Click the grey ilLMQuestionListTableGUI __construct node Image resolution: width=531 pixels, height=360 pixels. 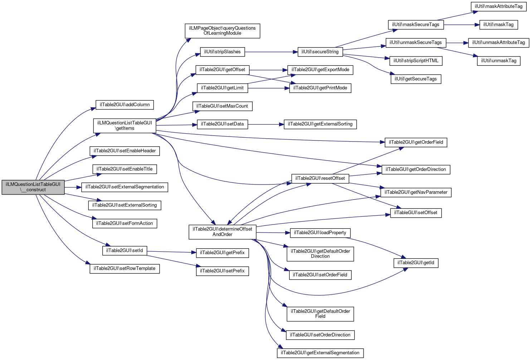pos(33,187)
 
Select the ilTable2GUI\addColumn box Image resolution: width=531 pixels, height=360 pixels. pos(125,105)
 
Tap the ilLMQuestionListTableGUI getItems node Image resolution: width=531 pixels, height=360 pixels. pos(125,125)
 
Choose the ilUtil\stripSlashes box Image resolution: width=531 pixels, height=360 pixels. pos(222,52)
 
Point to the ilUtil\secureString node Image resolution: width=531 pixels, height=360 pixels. pos(320,52)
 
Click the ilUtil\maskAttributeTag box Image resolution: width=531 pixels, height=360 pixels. pos(498,6)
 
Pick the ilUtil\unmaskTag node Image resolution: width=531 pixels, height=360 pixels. pos(498,61)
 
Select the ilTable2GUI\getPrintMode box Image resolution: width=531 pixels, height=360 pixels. pos(320,88)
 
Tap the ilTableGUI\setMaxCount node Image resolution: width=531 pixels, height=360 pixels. pos(222,106)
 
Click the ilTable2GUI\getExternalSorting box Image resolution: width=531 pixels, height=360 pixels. pos(320,124)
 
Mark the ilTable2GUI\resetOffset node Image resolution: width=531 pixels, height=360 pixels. pos(320,178)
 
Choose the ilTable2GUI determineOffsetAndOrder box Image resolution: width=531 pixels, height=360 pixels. pos(222,232)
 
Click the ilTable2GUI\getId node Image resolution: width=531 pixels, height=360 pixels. pos(416,263)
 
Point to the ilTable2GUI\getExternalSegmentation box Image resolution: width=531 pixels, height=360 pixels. pos(320,353)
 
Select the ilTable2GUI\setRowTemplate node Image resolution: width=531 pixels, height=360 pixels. pos(125,268)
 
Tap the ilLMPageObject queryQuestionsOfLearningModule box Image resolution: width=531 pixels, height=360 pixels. pos(222,31)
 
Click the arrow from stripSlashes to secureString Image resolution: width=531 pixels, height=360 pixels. pos(271,52)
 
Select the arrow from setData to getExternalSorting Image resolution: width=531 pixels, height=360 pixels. pos(266,124)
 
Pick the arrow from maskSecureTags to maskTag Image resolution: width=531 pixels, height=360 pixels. pos(462,25)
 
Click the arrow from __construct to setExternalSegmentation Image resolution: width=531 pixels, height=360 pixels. pos(73,187)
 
